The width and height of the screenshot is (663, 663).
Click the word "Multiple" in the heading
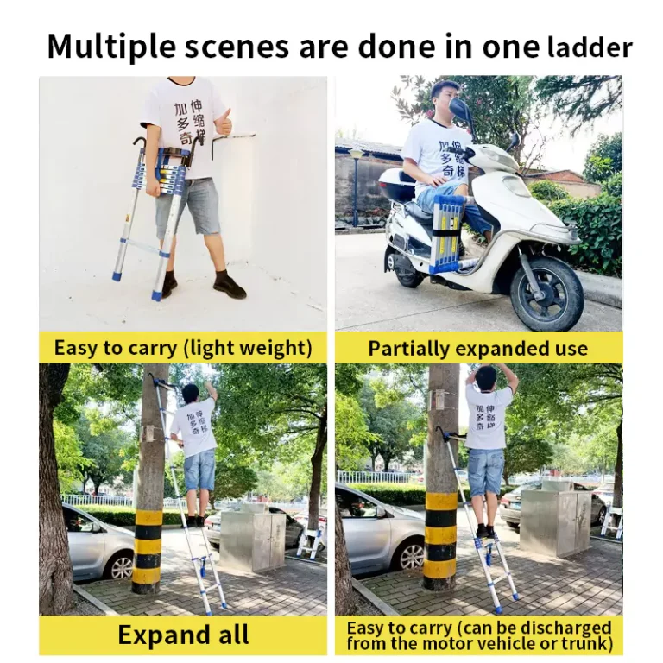(x=111, y=46)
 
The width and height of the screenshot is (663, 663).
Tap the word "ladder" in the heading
(x=590, y=47)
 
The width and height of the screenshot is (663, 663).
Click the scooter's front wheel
(x=546, y=292)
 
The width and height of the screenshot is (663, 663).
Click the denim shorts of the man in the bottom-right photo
(x=486, y=472)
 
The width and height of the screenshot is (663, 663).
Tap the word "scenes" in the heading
(x=237, y=47)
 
